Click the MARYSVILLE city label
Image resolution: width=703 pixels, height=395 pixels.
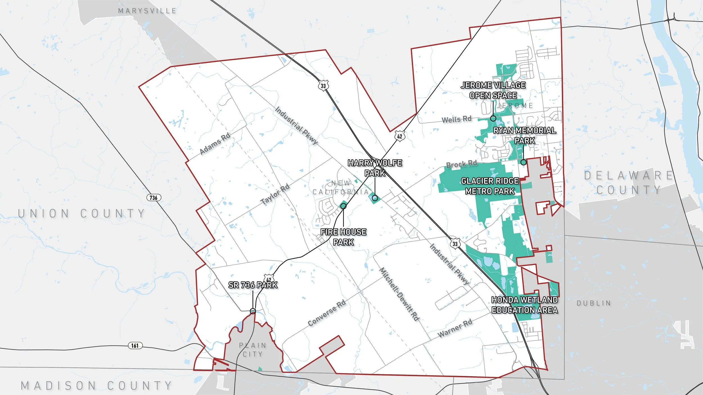coord(147,11)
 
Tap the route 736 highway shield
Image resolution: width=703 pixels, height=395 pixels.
coord(154,197)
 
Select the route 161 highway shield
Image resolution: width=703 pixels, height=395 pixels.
coord(135,345)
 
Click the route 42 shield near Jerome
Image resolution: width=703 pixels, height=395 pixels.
coord(400,136)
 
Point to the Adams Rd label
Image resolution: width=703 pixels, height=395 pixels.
coord(215,144)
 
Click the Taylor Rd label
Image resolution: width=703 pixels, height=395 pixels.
coord(275,194)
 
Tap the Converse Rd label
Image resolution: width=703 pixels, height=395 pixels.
coord(326,313)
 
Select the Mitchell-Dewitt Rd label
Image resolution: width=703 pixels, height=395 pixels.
coord(399,294)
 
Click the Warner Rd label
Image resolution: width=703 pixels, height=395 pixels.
coord(455,328)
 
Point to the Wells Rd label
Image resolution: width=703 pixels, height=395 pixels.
coord(456,119)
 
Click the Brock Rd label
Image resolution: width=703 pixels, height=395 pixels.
coord(461,164)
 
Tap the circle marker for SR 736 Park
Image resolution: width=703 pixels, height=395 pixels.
coord(253,311)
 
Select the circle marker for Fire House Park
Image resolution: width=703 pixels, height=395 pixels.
coord(343,206)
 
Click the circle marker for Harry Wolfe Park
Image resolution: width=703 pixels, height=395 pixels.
coord(375,198)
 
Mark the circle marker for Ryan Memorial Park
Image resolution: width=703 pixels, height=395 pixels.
coord(523,162)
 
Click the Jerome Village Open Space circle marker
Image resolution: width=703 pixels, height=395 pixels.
coord(493,118)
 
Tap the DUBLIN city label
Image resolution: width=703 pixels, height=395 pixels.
coord(594,303)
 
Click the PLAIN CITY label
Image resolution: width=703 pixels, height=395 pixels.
coord(253,349)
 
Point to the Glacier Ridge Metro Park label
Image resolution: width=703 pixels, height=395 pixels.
coord(490,186)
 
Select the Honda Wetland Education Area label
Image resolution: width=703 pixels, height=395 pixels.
coord(524,305)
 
